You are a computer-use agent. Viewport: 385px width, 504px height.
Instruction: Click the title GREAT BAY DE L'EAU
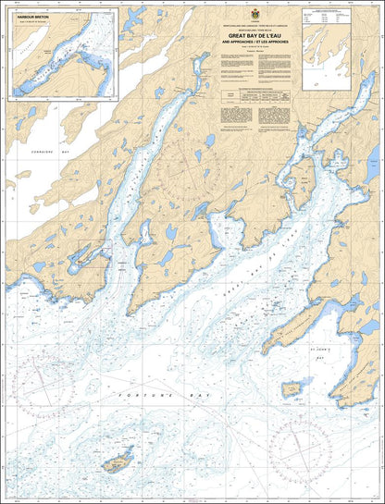click(x=253, y=36)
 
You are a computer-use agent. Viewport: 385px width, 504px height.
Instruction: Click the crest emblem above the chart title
click(x=253, y=16)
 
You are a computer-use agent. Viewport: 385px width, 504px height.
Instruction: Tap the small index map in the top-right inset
click(x=328, y=51)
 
